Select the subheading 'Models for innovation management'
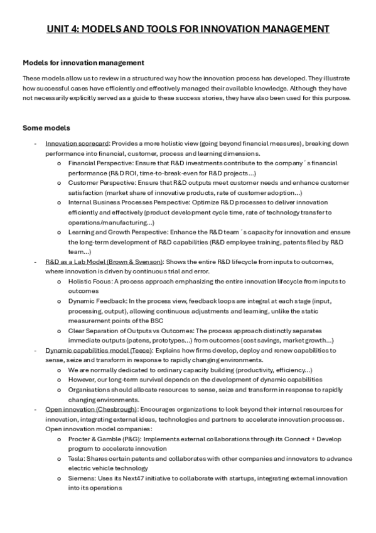(x=83, y=63)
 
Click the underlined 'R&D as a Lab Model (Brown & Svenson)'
(x=104, y=261)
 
